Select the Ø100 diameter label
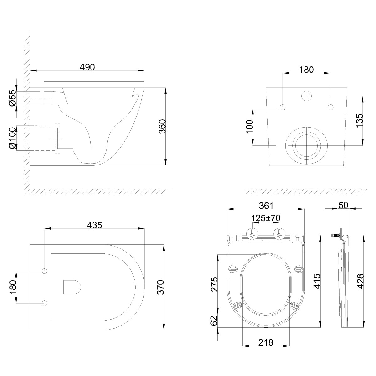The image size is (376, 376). tap(12, 138)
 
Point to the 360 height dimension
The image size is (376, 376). tap(162, 127)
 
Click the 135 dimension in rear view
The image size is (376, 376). tap(359, 119)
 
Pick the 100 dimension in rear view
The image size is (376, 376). tap(249, 126)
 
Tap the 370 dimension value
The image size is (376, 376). tap(160, 287)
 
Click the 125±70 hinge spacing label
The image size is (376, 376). tap(266, 218)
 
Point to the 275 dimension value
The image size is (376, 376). tap(214, 284)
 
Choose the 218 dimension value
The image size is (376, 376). tap(266, 342)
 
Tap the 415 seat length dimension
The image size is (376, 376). tap(317, 281)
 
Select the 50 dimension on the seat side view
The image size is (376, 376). tap(343, 205)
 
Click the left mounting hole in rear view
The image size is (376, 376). tap(283, 107)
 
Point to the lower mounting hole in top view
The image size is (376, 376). tap(44, 303)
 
